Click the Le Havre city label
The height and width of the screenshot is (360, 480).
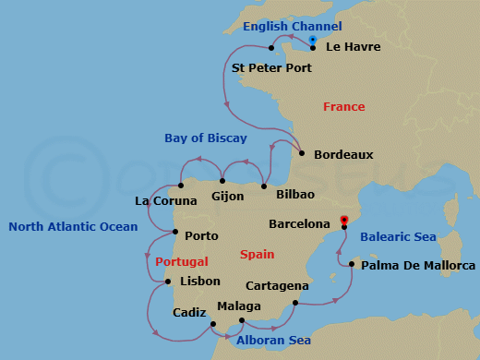tap(354, 46)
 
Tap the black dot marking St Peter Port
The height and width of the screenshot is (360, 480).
tap(270, 48)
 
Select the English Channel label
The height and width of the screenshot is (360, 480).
tap(292, 27)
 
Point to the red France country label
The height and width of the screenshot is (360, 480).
tap(343, 107)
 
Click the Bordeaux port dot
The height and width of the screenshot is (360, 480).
tap(303, 152)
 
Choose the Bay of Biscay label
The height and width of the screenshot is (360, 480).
tap(206, 138)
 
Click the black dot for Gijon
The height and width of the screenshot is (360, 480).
tap(222, 181)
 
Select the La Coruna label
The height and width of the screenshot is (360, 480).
tap(166, 200)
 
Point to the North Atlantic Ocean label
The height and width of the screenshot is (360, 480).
tap(73, 226)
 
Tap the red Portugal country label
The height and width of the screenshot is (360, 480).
tap(182, 261)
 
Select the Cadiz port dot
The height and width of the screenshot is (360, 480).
tap(212, 323)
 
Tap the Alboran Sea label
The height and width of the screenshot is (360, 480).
tap(273, 341)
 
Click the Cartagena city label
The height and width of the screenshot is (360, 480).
tap(278, 286)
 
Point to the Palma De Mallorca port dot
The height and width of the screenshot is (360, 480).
tap(351, 264)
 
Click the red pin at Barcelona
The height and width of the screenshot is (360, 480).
tap(343, 221)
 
